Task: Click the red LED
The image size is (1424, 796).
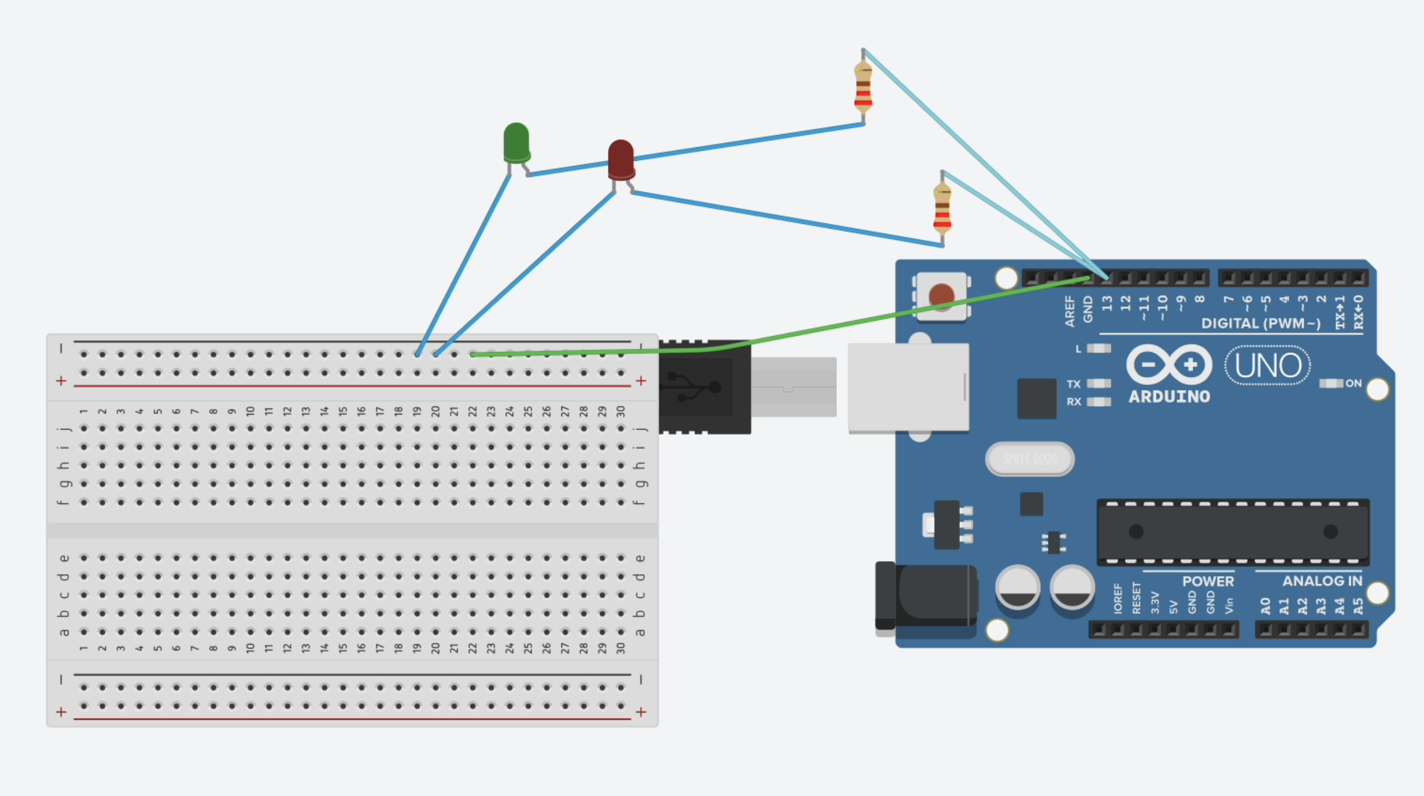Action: [x=621, y=160]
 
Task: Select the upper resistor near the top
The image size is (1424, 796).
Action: [x=863, y=88]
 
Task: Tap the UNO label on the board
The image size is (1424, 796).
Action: [x=1268, y=365]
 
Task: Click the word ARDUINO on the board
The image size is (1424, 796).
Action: [x=1169, y=397]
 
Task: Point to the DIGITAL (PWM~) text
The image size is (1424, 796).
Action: [x=1261, y=324]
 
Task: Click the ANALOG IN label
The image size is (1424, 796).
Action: [x=1322, y=581]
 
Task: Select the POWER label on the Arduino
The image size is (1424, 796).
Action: [x=1208, y=581]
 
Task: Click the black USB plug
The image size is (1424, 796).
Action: [x=705, y=387]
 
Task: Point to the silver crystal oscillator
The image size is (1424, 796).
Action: [x=1030, y=459]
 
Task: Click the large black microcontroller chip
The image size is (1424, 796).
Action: [x=1233, y=532]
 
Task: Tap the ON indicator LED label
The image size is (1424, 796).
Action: [x=1353, y=383]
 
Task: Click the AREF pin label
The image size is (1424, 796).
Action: [x=1069, y=311]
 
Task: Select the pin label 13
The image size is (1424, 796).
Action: [x=1107, y=304]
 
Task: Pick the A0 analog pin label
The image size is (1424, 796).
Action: [x=1265, y=605]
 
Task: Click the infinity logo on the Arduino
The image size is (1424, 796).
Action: [x=1169, y=365]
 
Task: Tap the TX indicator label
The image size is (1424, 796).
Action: [x=1073, y=384]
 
